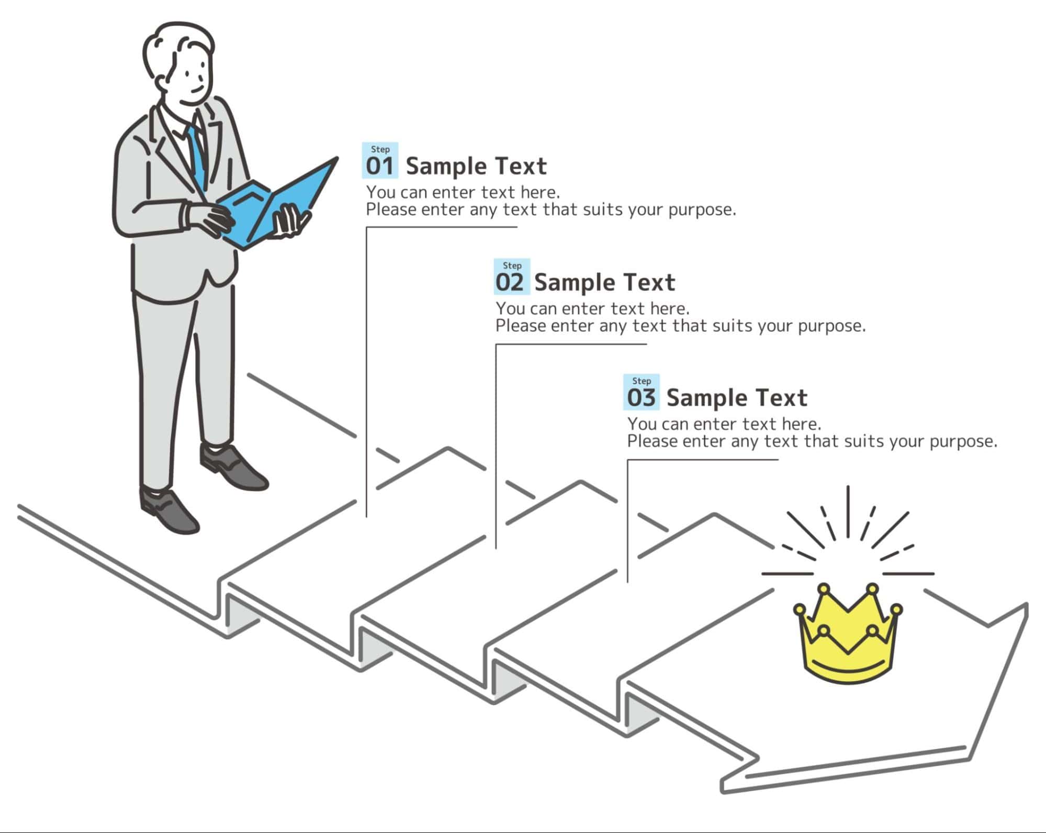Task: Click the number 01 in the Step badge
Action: pyautogui.click(x=379, y=166)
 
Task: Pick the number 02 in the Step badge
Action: pyautogui.click(x=510, y=283)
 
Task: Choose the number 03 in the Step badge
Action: pyautogui.click(x=642, y=398)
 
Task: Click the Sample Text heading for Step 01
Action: pyautogui.click(x=476, y=166)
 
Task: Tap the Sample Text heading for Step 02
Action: pyautogui.click(x=605, y=283)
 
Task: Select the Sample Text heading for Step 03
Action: pyautogui.click(x=737, y=398)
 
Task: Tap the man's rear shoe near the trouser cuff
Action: pyautogui.click(x=233, y=466)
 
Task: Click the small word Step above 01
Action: pyautogui.click(x=380, y=150)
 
